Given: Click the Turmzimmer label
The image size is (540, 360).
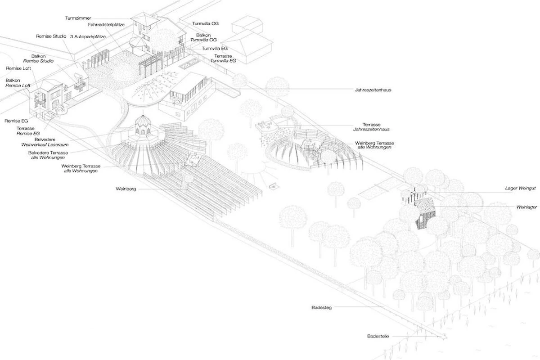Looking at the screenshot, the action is click(78, 18).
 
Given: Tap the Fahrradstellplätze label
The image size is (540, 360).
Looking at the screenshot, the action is click(106, 25).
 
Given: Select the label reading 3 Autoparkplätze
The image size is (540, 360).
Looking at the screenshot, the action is click(88, 36).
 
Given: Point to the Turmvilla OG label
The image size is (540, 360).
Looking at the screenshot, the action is click(205, 24).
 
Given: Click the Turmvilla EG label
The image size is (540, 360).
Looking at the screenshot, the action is click(215, 49).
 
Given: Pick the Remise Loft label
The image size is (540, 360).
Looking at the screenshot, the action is click(18, 68).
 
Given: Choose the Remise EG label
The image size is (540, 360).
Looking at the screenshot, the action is click(16, 121).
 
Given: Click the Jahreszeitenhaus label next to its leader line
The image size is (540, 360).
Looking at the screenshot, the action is click(373, 90).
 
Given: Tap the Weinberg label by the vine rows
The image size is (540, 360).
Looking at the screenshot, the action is click(126, 189).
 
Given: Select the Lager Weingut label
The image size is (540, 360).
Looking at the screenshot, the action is click(520, 188).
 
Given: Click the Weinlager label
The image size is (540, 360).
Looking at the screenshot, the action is click(526, 207).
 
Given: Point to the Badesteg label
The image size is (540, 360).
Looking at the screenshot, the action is click(322, 308).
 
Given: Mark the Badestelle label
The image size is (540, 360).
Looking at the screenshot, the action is click(378, 336).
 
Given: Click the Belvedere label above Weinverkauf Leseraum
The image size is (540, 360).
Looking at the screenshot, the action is click(45, 139).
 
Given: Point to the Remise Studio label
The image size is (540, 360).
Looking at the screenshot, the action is click(51, 36).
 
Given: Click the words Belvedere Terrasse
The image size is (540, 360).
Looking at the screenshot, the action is click(48, 153).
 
